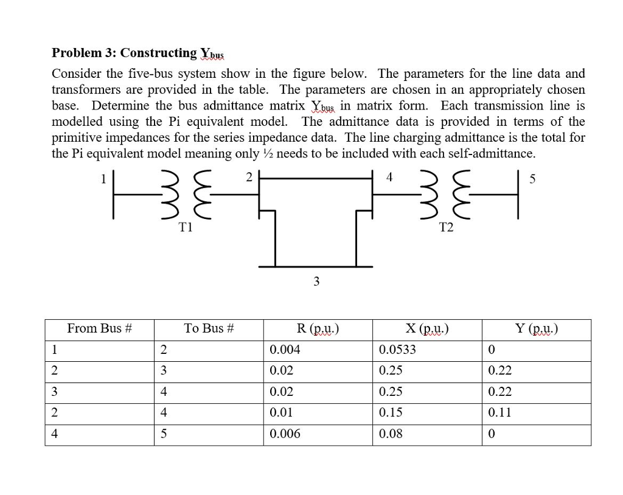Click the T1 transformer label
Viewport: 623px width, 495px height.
[x=186, y=227]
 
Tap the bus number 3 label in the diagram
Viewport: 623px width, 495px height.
[x=315, y=281]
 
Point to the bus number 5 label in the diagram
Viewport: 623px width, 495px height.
[x=533, y=179]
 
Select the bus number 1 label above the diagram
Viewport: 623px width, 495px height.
[x=103, y=179]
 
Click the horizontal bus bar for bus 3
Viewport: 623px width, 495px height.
[x=315, y=266]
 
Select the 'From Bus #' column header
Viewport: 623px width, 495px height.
[x=99, y=328]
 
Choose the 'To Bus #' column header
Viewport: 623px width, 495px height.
[x=209, y=328]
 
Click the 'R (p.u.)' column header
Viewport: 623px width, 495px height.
[x=318, y=328]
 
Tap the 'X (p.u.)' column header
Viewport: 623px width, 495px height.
[x=426, y=328]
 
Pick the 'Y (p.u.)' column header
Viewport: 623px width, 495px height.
[x=536, y=328]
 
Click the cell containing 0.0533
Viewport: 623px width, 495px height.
[x=398, y=350]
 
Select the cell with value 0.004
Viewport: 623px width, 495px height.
[x=285, y=350]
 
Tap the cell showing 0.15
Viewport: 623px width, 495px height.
[x=391, y=412]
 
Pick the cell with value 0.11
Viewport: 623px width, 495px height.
[x=499, y=412]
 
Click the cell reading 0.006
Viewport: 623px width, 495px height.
[x=285, y=434]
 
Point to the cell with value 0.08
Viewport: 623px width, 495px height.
[x=391, y=434]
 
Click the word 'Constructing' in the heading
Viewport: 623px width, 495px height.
[x=159, y=53]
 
